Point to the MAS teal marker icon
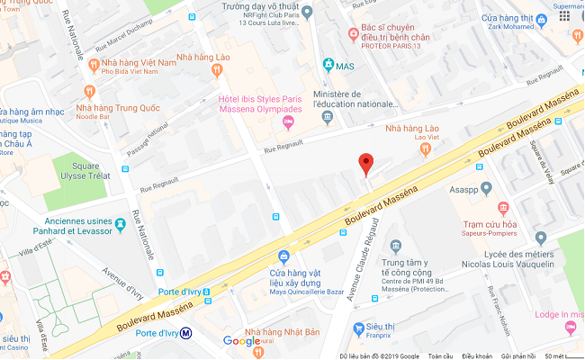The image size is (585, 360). point(328,66)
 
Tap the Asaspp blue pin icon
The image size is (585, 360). point(486,189)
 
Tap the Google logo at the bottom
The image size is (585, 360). point(241,340)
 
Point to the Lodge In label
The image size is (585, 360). point(559,313)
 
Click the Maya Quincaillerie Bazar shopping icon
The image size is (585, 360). point(283,256)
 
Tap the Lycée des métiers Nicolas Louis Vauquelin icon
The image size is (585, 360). point(541,238)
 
